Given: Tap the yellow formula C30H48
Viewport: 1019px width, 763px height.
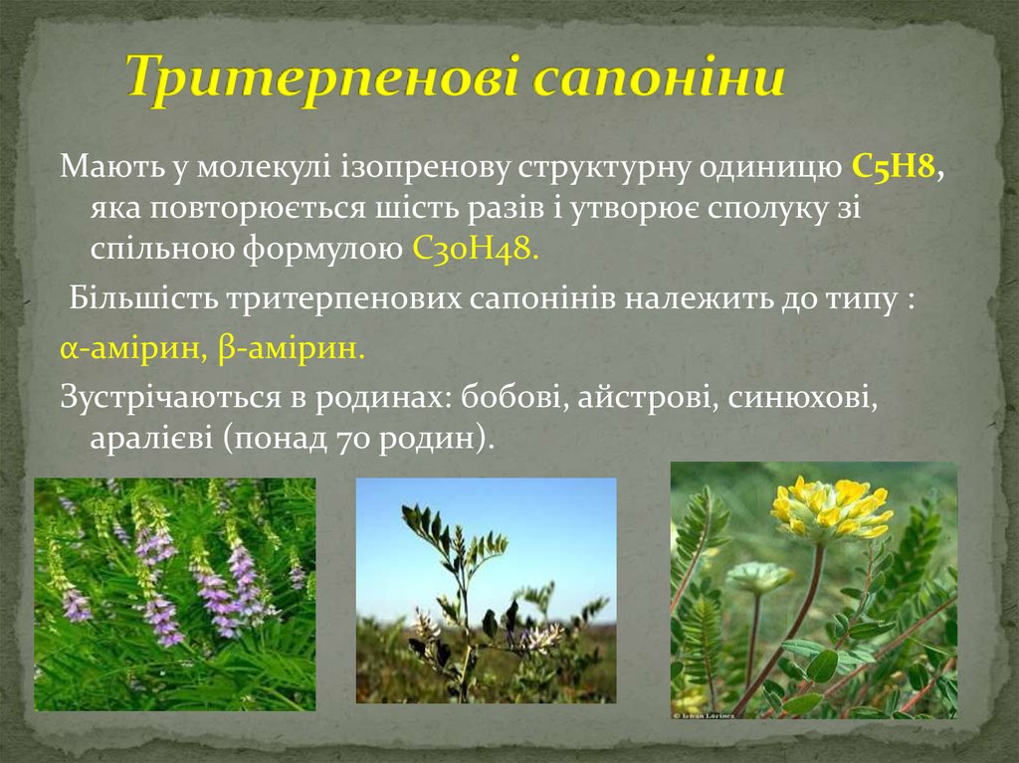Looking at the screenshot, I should [x=475, y=248].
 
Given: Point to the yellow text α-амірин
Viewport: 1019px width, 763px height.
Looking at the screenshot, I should [x=122, y=349].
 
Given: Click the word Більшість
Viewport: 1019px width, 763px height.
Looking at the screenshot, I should [x=142, y=298].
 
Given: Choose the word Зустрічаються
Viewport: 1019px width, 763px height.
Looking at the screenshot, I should [x=165, y=398].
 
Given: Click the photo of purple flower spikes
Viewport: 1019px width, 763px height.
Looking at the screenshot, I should [x=175, y=594].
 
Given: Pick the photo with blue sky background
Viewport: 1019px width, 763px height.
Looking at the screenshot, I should [x=486, y=590].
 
